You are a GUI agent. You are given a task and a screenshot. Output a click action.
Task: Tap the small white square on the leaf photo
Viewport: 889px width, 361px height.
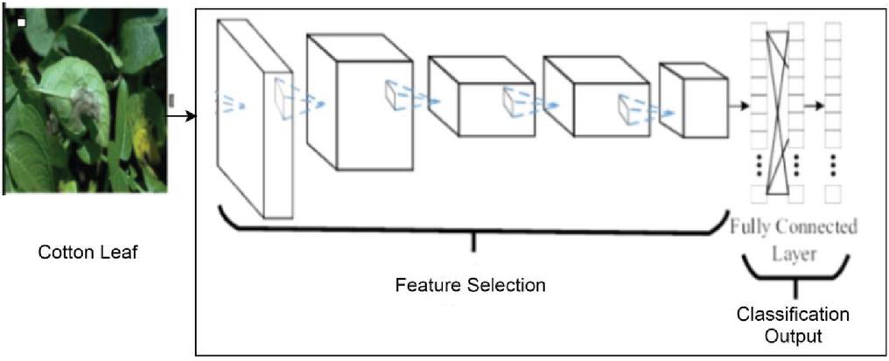pos(21,20)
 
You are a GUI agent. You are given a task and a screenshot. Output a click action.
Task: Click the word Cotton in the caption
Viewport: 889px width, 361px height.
pos(61,253)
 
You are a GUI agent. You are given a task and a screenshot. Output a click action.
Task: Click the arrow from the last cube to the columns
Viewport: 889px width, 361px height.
pos(738,106)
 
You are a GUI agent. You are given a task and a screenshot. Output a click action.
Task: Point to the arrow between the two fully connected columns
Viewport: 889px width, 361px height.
pos(815,106)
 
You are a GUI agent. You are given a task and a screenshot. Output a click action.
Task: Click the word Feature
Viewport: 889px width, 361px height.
pos(423,286)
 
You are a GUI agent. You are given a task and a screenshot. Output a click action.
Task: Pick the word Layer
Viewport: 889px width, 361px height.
pos(794,253)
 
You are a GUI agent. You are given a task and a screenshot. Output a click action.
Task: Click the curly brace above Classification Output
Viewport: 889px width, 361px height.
pos(794,273)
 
